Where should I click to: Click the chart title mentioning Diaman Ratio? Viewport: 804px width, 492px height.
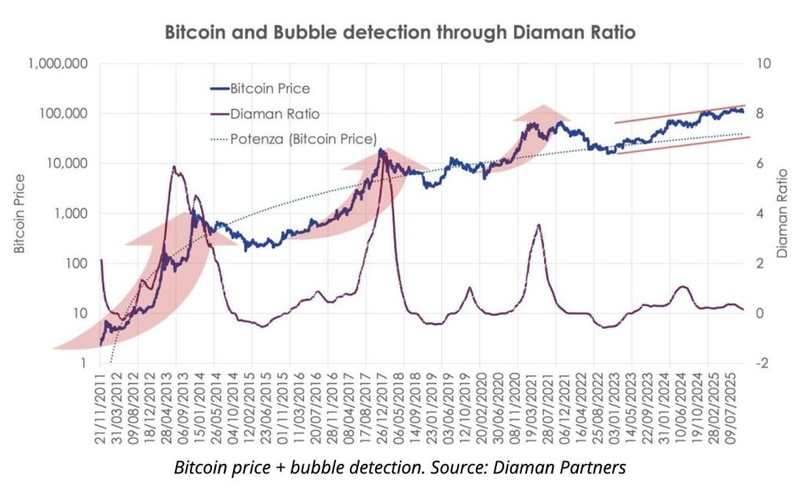tap(400, 33)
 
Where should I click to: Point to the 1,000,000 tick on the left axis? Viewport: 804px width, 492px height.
tap(56, 64)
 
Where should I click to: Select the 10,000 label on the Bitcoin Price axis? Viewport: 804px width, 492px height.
tap(64, 163)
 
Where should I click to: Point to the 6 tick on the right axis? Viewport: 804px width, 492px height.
tap(759, 163)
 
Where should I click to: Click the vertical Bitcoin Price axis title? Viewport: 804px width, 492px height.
tap(19, 213)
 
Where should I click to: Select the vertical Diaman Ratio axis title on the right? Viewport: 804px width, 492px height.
tap(782, 213)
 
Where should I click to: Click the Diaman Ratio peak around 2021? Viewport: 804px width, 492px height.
tap(539, 225)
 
